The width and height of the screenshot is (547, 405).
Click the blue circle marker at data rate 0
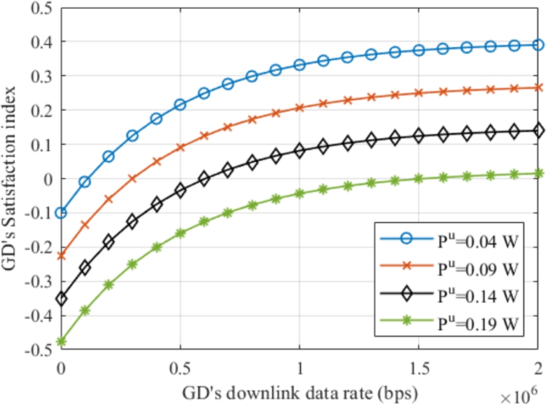coord(61,213)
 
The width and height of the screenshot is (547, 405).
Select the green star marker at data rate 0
coord(61,342)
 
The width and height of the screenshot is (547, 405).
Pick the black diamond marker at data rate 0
coord(61,299)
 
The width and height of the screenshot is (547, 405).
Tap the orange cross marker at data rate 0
coord(61,256)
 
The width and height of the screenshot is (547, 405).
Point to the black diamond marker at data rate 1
coord(300,150)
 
